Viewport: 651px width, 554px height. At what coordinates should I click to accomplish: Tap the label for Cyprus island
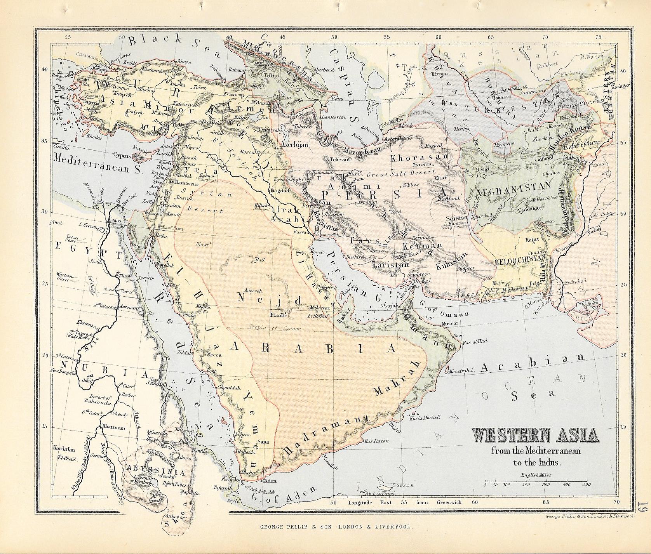coord(122,154)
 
